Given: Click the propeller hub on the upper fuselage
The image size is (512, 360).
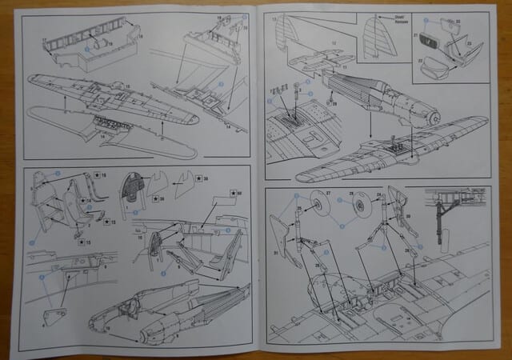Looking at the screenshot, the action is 433,118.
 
